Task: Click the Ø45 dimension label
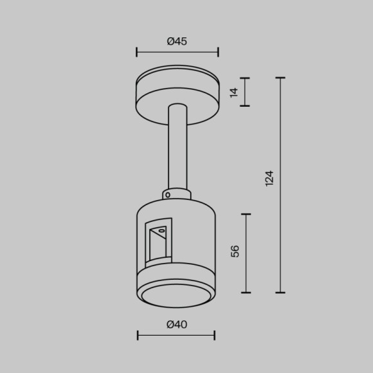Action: tap(177, 42)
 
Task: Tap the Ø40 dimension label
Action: tap(177, 325)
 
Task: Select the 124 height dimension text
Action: tap(269, 178)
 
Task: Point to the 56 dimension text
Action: tap(235, 251)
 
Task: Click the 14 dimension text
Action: tap(234, 92)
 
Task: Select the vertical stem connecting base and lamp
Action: tap(176, 148)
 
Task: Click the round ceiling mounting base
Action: tap(177, 93)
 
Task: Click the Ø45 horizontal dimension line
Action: tap(177, 52)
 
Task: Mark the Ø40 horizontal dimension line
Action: tap(176, 334)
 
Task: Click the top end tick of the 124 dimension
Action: tap(280, 78)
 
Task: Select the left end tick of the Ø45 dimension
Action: tap(136, 52)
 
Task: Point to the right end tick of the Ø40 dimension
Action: tap(214, 334)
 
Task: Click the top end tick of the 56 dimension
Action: tap(246, 214)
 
